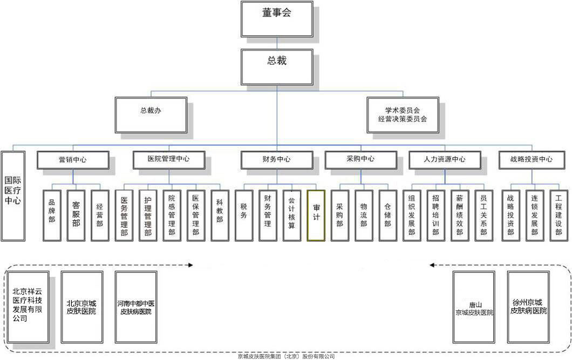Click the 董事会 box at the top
click(x=277, y=18)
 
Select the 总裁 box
click(x=277, y=66)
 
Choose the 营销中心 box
click(x=73, y=160)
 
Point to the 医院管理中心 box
click(x=169, y=160)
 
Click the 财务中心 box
click(x=277, y=160)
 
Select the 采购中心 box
click(x=360, y=160)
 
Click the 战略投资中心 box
click(x=532, y=160)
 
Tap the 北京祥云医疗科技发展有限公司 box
click(x=28, y=307)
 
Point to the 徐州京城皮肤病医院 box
click(x=528, y=307)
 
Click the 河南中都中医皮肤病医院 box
click(x=136, y=307)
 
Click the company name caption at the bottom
click(x=286, y=356)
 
